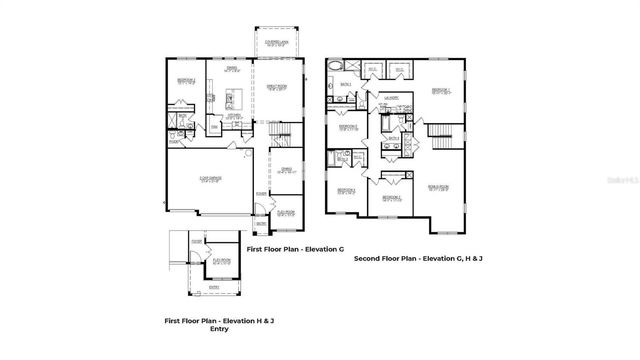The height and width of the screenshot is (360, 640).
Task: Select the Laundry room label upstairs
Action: [x=390, y=99]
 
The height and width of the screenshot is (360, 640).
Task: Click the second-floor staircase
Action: [x=440, y=130]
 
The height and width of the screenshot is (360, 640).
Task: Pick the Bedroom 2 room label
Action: [x=347, y=127]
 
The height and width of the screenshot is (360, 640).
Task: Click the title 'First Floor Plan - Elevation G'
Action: [x=296, y=248]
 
